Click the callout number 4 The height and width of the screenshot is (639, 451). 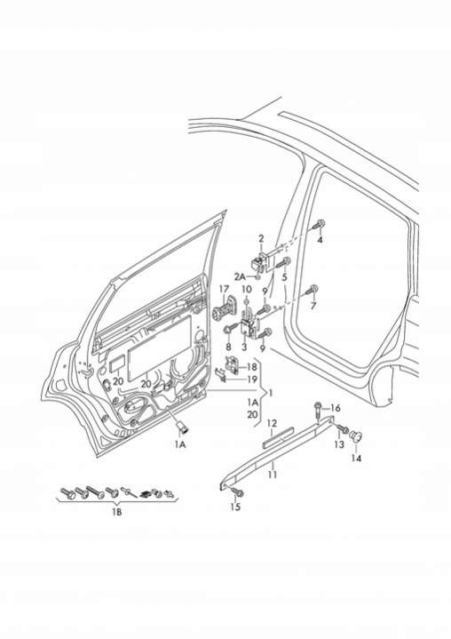[320, 240]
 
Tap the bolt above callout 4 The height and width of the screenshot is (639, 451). [320, 223]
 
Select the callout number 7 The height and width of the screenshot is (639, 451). [313, 306]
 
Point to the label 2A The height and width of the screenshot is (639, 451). [240, 277]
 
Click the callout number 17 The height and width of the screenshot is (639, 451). [225, 290]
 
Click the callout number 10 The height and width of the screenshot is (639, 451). [247, 290]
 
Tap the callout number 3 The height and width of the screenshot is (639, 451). [244, 347]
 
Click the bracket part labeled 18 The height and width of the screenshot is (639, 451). [233, 363]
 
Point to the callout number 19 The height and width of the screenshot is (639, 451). [252, 379]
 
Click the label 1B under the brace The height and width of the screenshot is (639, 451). [117, 512]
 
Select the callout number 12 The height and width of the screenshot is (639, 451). [272, 424]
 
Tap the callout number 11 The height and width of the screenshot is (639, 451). [273, 475]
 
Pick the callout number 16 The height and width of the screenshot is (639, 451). [336, 408]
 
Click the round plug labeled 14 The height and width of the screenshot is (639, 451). [357, 436]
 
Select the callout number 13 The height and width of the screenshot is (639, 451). [339, 444]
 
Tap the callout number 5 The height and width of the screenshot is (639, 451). [284, 277]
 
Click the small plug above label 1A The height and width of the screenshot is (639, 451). [181, 427]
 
